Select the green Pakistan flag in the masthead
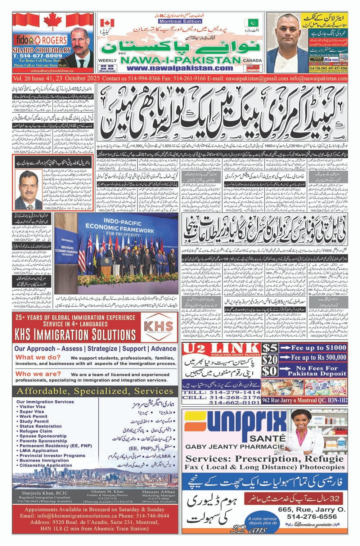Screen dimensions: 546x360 click(249, 22)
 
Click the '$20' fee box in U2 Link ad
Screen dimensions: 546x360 click(269, 360)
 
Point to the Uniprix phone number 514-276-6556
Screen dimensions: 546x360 click(312, 516)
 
